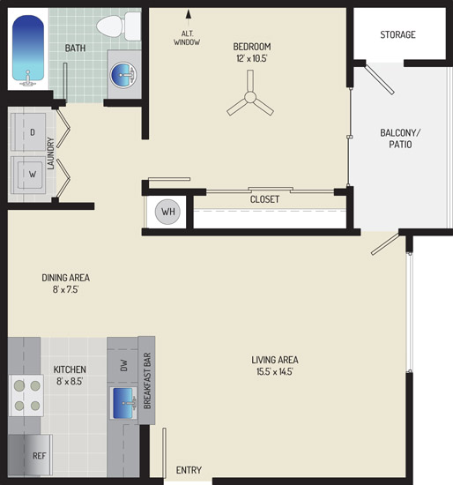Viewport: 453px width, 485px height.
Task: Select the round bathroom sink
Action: [x=123, y=75]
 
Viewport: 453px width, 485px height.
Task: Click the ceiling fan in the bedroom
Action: [x=249, y=96]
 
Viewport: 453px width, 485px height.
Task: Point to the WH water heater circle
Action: [x=167, y=212]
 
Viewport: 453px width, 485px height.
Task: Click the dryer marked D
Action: [x=28, y=131]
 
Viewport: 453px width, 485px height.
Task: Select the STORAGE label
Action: [x=397, y=34]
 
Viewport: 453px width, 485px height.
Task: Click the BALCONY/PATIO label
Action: [x=400, y=138]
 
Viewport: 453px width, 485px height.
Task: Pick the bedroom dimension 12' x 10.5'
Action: [x=252, y=58]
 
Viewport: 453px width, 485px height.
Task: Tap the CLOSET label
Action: [x=264, y=199]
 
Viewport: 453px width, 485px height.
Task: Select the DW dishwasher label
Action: [x=123, y=365]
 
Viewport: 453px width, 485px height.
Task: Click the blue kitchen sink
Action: [x=123, y=403]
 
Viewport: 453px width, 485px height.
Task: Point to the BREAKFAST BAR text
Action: [x=147, y=381]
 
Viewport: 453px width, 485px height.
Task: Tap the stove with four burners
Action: [x=26, y=395]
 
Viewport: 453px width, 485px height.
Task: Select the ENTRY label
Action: [x=189, y=470]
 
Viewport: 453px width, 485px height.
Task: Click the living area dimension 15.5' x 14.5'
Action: [x=275, y=371]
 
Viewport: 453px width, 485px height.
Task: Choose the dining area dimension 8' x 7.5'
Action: [x=65, y=289]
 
